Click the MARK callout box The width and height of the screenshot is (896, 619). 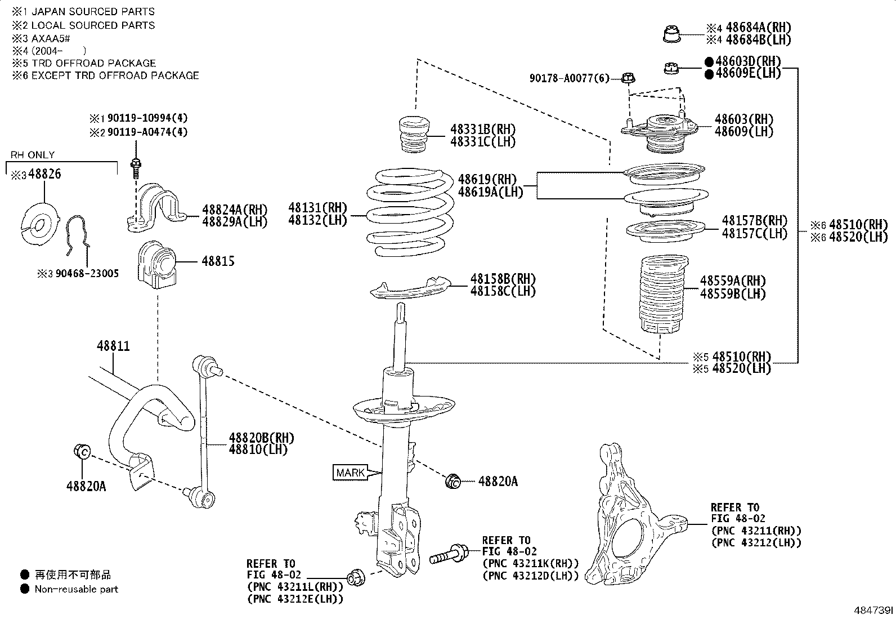click(350, 473)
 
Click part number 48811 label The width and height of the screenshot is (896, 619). click(113, 346)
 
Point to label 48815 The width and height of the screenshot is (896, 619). click(218, 261)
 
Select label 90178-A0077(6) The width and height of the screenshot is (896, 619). click(569, 79)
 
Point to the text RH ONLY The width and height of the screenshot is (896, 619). click(33, 155)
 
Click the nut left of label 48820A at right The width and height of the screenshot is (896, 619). click(453, 482)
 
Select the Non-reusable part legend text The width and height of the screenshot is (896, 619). click(77, 589)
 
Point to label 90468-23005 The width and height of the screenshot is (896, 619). click(87, 274)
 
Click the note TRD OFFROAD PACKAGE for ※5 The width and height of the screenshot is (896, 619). click(93, 63)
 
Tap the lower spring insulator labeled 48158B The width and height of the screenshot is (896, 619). click(411, 287)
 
